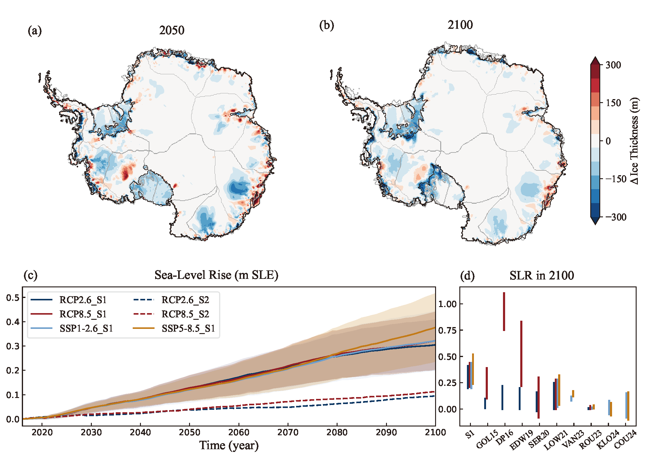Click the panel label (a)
point(35,31)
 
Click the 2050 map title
point(171,30)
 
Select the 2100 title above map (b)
point(460,25)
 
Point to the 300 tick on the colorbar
point(613,65)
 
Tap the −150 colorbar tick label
point(615,179)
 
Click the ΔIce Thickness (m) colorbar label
point(634,141)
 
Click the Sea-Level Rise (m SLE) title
point(216,275)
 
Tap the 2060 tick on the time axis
point(239,432)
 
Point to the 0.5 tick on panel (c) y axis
point(12,298)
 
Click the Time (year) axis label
point(229,445)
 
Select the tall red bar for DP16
point(504,311)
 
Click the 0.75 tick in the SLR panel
point(447,330)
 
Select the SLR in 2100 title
point(541,275)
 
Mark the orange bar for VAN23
point(573,394)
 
